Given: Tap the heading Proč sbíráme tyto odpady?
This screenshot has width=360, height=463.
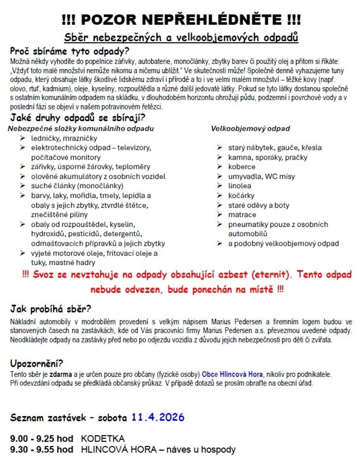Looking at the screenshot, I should (70, 51).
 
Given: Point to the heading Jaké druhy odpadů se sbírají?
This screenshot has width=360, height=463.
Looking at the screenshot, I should (78, 117).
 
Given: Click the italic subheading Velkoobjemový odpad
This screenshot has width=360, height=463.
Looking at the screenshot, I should (250, 128).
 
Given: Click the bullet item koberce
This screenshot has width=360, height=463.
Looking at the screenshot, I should (242, 167).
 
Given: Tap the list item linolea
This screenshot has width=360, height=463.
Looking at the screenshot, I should (239, 186).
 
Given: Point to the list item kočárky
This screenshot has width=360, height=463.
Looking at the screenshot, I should (241, 196).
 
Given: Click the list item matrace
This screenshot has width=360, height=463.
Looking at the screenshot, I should (242, 215).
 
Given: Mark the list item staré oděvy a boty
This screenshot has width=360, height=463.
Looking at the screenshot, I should (258, 205).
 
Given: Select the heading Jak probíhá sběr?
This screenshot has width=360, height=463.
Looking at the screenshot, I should (51, 309).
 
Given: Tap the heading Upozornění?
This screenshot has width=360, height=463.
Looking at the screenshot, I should (37, 364).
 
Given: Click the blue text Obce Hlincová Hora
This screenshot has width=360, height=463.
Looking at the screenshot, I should (232, 374).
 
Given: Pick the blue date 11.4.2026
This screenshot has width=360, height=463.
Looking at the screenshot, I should (157, 417).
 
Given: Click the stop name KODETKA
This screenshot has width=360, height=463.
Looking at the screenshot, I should (103, 439).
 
